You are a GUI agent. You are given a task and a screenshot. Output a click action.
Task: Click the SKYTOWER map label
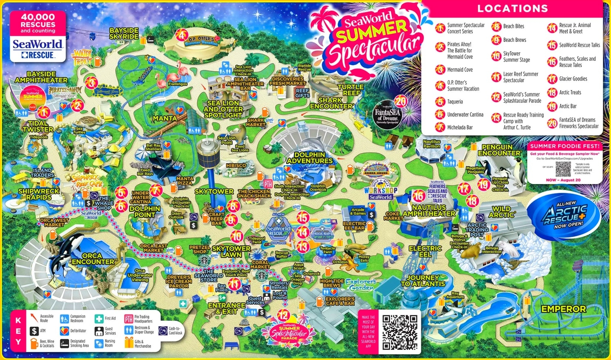point(214,191)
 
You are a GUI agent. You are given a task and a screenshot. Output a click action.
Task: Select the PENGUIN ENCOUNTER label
point(499,150)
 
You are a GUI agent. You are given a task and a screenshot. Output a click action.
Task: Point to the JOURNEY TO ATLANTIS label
point(423,280)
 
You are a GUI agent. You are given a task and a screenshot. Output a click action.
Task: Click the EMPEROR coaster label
point(563,309)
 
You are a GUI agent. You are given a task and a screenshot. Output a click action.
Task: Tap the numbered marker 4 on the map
point(181,35)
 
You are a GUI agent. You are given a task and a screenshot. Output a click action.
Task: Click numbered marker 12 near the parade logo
point(283,315)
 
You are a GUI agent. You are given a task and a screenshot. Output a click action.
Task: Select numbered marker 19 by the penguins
point(483,184)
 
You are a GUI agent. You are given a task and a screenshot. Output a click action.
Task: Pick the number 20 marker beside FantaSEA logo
point(401,101)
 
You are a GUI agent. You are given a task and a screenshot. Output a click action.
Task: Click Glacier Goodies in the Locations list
point(573,79)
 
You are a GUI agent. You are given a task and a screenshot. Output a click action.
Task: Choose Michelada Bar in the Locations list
point(460,127)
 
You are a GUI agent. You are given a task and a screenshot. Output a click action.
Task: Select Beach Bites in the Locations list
point(513,26)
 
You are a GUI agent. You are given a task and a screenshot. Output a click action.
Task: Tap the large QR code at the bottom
point(400,332)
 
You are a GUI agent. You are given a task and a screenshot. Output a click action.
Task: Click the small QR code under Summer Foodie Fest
point(563,169)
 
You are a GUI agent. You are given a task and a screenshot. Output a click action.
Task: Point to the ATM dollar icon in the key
point(34,331)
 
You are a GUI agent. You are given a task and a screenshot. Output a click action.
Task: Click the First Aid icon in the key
point(99,319)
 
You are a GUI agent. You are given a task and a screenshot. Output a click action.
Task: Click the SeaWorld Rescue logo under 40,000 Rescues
point(38,49)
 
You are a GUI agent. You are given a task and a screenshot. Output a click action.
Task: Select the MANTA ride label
point(165,118)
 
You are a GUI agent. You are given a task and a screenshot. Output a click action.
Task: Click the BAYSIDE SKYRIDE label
point(124,33)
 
